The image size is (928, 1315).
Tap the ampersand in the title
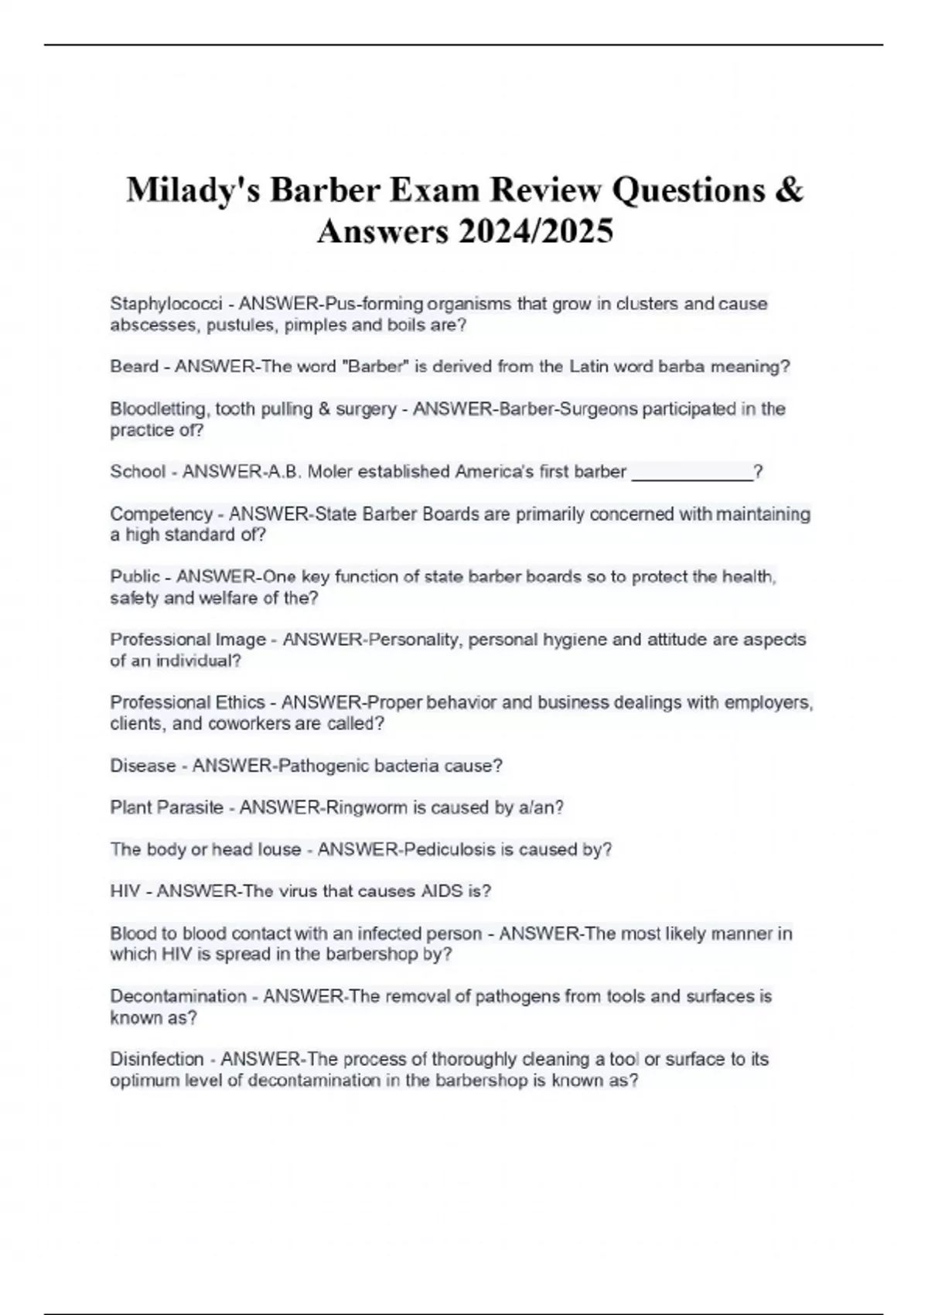coord(788,190)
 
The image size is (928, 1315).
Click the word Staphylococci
coord(166,303)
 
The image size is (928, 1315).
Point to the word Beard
coord(135,367)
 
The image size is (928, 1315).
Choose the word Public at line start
coord(135,577)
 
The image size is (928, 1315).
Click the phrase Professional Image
coord(188,640)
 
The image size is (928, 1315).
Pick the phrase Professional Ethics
coord(187,702)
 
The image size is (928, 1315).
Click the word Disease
coord(143,766)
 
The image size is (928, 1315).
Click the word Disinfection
coord(157,1059)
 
